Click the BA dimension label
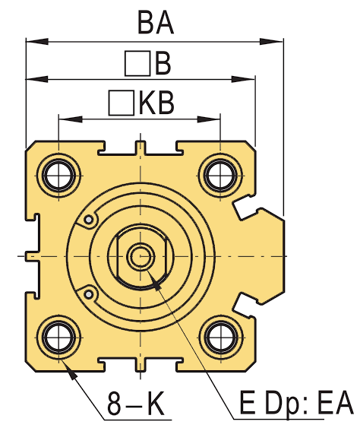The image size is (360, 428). [156, 23]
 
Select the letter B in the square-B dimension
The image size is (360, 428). [163, 65]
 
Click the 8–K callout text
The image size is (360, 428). [136, 404]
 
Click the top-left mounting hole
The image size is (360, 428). [58, 174]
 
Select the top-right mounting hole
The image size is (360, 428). [219, 174]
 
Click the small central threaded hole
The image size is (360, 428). [139, 255]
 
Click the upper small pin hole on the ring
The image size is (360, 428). [90, 220]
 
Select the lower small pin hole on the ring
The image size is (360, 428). [90, 292]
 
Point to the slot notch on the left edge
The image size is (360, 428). [31, 255]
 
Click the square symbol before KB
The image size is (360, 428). [120, 103]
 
